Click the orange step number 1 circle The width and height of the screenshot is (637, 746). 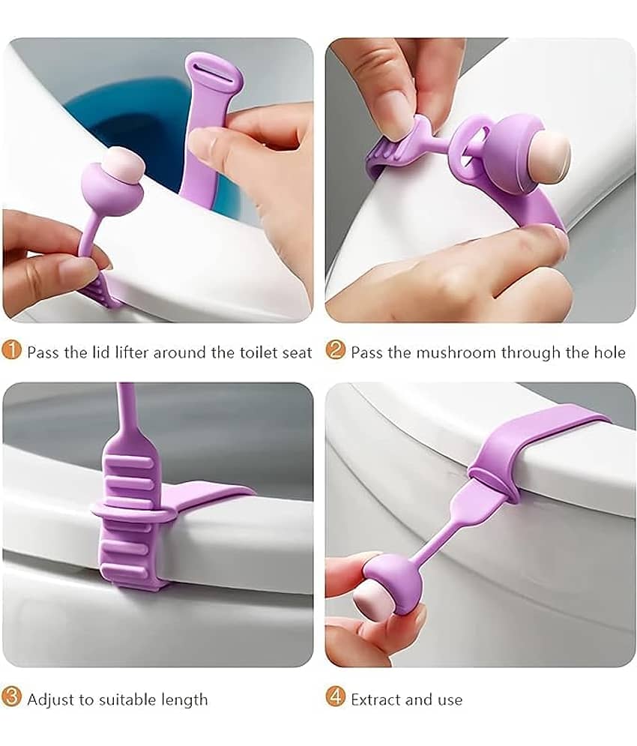coord(11,351)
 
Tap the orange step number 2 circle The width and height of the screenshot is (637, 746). coord(336,351)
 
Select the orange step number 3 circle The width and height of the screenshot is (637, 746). coord(11,697)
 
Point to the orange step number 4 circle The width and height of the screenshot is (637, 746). coord(336,697)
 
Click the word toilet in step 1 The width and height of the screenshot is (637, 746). coord(257,352)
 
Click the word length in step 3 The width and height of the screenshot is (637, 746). coord(184,700)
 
